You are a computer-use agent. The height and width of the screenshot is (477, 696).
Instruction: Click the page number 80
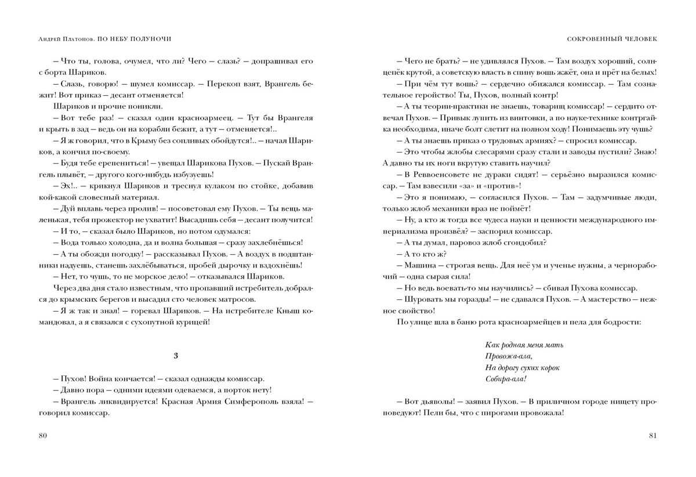point(42,435)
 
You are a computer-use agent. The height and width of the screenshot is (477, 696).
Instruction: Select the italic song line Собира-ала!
point(505,379)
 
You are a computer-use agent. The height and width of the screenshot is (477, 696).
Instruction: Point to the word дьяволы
point(436,402)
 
